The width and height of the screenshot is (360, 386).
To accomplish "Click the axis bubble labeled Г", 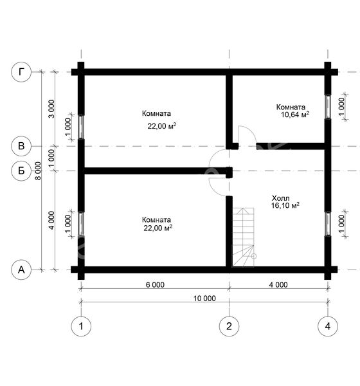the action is [x=21, y=72].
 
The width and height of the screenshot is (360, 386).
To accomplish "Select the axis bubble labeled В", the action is [x=21, y=146].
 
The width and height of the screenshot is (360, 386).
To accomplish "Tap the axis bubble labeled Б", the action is [x=21, y=170].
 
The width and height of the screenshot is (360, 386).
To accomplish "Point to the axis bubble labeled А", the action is [x=21, y=270].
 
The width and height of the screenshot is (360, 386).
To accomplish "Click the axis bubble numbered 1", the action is [x=81, y=326].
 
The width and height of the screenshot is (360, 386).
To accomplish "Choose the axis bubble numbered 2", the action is [x=229, y=326].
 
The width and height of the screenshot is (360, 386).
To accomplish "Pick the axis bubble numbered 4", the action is [x=328, y=326].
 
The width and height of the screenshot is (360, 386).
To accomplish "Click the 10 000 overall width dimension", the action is [x=204, y=299].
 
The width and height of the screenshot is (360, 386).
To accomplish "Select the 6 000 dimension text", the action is [x=155, y=285].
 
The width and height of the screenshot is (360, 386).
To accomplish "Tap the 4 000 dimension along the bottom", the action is [x=278, y=285].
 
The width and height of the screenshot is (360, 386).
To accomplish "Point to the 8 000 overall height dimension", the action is [x=38, y=171].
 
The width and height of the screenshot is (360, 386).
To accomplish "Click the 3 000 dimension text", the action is [x=51, y=109].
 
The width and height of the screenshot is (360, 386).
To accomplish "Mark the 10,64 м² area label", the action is [x=295, y=115].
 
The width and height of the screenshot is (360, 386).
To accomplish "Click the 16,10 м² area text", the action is [x=285, y=205].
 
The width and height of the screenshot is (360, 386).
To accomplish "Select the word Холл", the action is [x=281, y=198].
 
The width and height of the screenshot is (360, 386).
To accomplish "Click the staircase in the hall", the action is [x=244, y=237].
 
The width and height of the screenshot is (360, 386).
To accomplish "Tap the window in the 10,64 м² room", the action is [x=328, y=107].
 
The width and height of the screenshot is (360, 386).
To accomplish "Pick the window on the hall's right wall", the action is [x=328, y=224].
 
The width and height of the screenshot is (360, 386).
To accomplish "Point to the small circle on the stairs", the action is [x=254, y=256].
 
